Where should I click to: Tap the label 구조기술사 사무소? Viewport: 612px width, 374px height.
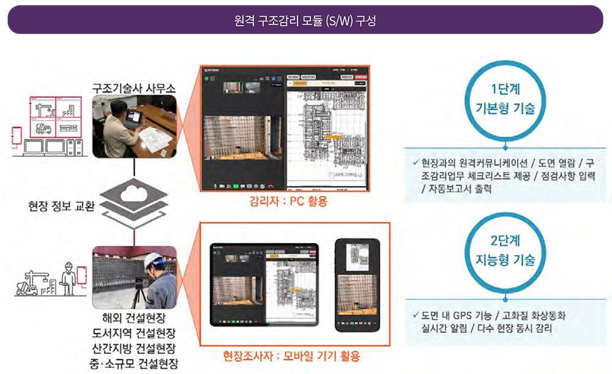134,88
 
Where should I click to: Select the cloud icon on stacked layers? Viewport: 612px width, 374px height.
133,195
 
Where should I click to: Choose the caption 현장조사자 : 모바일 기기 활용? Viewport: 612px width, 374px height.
291,356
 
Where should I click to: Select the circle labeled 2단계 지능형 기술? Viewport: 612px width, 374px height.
506,252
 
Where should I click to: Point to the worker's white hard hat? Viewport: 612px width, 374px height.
154,260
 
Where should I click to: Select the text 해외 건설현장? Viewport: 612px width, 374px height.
134,318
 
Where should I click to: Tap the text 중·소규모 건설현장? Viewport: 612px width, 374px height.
134,364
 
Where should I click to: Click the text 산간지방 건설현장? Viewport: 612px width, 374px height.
134,349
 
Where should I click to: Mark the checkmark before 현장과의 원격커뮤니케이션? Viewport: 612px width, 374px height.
416,163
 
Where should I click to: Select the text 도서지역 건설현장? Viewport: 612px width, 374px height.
134,334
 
